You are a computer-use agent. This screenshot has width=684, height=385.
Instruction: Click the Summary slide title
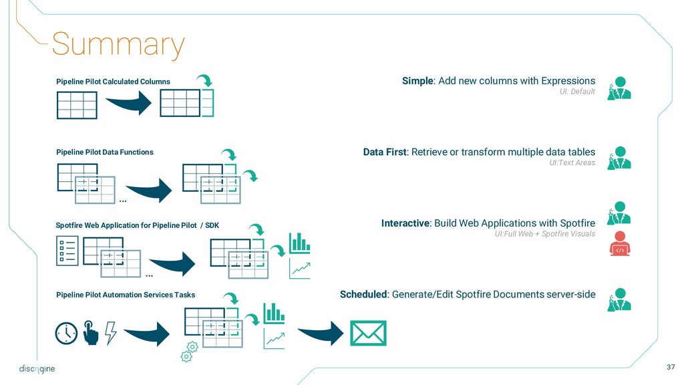pos(118,44)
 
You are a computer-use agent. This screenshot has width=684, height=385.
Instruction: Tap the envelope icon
pos(369,333)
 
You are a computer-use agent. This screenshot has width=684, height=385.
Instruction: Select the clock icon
pos(67,333)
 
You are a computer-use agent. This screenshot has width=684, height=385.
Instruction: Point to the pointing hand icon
pos(90,332)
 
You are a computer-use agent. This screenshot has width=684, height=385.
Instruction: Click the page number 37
pos(671,367)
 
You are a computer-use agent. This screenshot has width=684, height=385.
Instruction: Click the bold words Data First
pos(385,152)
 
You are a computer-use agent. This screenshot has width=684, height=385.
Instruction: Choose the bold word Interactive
pos(405,223)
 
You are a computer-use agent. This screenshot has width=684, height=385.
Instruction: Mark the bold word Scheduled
pos(363,294)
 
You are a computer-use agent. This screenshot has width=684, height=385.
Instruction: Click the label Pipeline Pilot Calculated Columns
pos(113,82)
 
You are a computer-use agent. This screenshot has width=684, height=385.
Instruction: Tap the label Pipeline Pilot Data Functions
pos(105,152)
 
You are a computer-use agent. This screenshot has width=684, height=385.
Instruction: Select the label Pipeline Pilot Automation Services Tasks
pos(126,295)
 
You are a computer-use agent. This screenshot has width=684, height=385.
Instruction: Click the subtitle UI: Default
pos(577,92)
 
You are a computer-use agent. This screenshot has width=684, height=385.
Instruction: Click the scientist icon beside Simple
pos(619,88)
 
